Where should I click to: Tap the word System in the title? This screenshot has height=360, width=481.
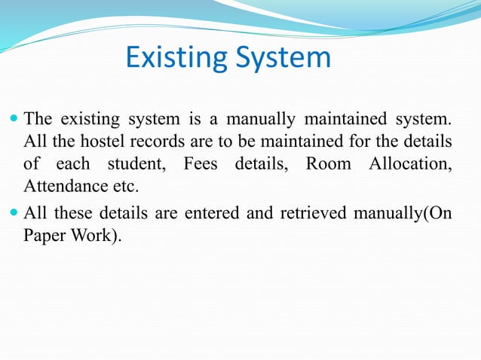(x=282, y=58)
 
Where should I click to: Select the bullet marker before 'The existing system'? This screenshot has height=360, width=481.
(x=14, y=119)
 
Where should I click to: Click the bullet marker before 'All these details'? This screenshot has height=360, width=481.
(x=14, y=213)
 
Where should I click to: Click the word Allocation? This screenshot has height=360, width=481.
(x=410, y=163)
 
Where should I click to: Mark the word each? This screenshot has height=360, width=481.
(x=74, y=163)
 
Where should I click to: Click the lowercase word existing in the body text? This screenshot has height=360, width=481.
(x=89, y=119)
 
